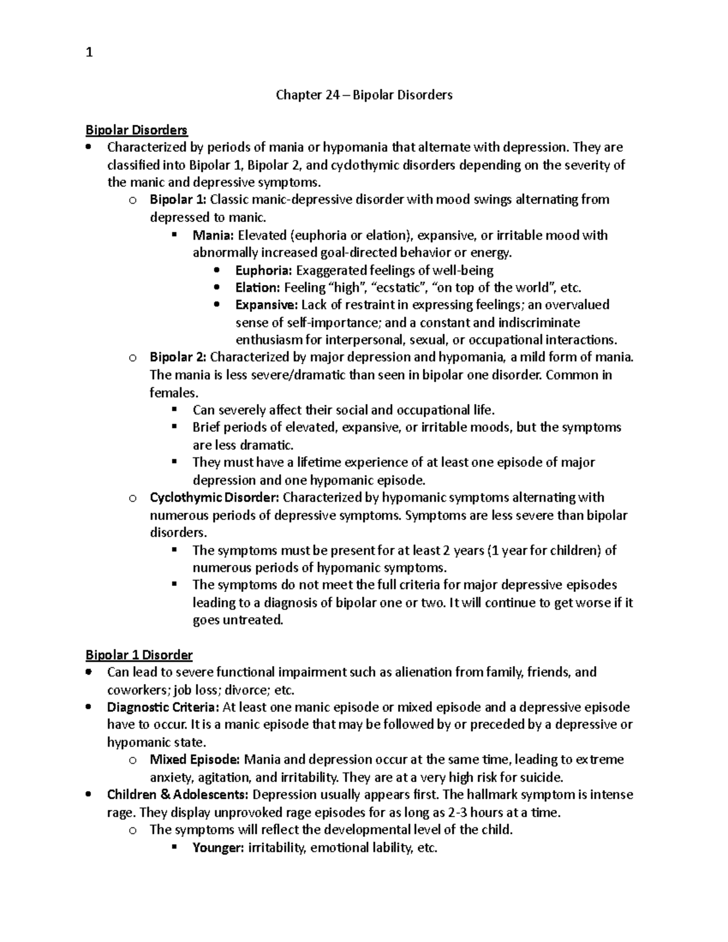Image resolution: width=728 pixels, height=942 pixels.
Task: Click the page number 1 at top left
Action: point(89,53)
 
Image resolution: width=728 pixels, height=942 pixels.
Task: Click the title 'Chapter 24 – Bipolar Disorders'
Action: point(364,95)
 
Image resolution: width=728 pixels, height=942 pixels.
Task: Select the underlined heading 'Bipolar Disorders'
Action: point(136,130)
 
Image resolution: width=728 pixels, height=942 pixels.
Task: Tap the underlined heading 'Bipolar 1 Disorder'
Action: point(139,654)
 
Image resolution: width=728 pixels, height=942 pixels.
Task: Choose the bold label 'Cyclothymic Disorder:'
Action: point(214,497)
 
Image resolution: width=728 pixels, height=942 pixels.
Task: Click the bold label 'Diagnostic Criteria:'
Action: point(163,707)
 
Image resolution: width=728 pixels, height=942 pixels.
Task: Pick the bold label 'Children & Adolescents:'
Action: point(178,795)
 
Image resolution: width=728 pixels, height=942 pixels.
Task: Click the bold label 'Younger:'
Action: point(218,847)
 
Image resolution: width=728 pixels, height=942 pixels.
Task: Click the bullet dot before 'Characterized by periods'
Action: point(89,147)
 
